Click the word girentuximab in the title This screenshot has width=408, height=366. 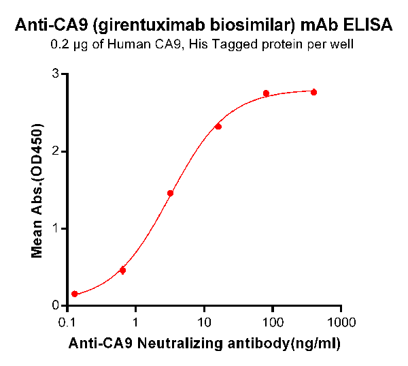148,27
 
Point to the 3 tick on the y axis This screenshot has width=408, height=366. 56,74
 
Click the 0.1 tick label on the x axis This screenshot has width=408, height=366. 67,321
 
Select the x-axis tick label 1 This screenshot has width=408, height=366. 136,321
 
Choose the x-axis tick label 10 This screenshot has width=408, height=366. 204,321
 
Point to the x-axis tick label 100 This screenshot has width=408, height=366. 273,321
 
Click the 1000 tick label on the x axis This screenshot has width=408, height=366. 341,321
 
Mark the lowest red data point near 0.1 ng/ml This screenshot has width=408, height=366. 75,294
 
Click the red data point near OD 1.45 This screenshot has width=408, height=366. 170,194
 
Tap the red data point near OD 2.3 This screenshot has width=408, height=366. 218,126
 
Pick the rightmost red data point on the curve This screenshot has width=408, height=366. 313,92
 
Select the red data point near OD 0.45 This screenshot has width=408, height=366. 122,271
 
